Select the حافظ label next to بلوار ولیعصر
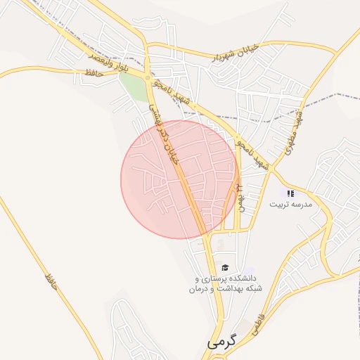click(x=93, y=73)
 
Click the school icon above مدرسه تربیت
click(x=291, y=193)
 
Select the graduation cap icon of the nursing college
click(x=225, y=267)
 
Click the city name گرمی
click(x=223, y=342)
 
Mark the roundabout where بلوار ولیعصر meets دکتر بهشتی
click(x=146, y=77)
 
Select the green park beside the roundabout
click(x=130, y=87)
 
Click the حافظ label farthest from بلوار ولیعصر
click(x=50, y=280)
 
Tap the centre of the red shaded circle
click(x=180, y=179)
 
